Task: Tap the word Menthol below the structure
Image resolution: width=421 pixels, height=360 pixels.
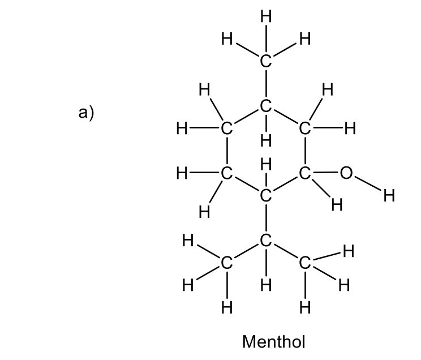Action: pyautogui.click(x=273, y=342)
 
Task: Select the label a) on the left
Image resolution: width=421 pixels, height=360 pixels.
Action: pyautogui.click(x=86, y=113)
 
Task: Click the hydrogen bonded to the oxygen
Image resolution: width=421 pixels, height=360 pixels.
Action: pyautogui.click(x=388, y=196)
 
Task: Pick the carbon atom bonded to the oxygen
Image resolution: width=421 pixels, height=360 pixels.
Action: pyautogui.click(x=305, y=174)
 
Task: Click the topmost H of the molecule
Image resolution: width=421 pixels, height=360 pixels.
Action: pyautogui.click(x=265, y=16)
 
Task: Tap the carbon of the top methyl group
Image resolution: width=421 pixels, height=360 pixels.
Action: pyautogui.click(x=265, y=61)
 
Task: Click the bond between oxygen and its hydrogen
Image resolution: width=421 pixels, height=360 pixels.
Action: pyautogui.click(x=368, y=185)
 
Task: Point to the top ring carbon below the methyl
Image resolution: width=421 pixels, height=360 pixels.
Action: pyautogui.click(x=265, y=105)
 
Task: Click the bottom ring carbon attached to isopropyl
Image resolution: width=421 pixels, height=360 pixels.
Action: pyautogui.click(x=265, y=196)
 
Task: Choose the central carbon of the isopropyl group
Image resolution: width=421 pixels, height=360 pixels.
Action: pyautogui.click(x=265, y=241)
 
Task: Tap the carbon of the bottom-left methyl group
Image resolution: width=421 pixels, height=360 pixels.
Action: pyautogui.click(x=226, y=263)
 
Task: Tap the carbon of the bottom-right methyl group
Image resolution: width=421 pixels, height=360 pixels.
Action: pyautogui.click(x=305, y=263)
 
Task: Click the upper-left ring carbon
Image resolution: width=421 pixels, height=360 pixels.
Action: pyautogui.click(x=226, y=128)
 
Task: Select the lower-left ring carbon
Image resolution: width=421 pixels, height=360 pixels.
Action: pyautogui.click(x=226, y=174)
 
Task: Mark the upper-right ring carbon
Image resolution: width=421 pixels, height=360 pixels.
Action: pyautogui.click(x=305, y=128)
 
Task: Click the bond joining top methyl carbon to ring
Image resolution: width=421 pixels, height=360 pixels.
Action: pyautogui.click(x=265, y=83)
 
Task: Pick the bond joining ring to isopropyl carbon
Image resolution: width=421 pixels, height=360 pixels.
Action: pyautogui.click(x=265, y=218)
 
